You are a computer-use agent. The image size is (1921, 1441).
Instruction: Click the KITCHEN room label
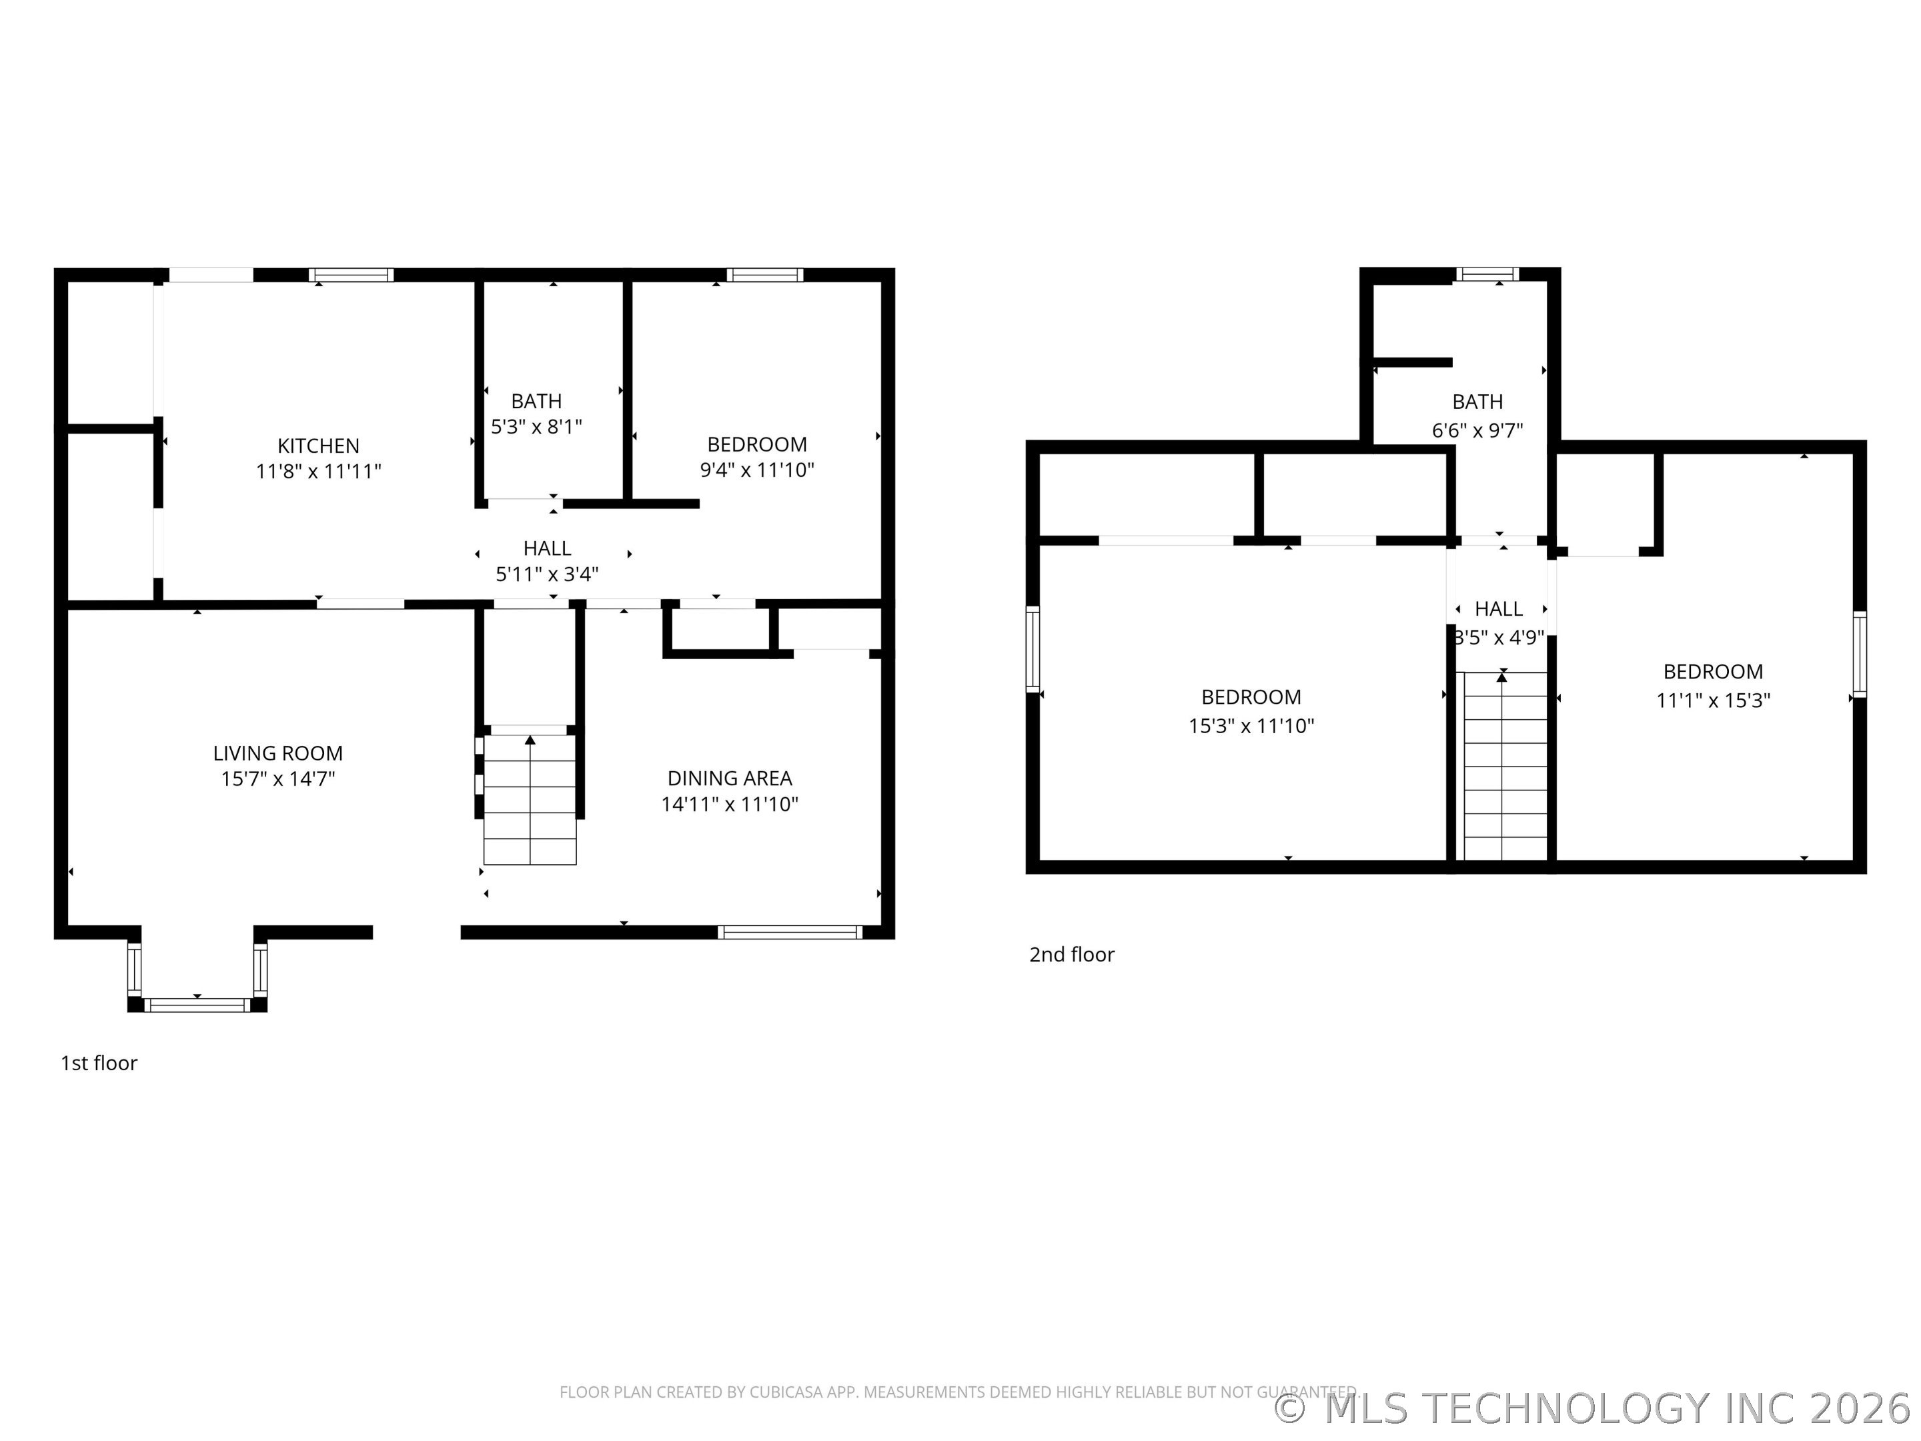[x=318, y=446]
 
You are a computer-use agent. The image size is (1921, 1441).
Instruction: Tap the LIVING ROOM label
[x=278, y=753]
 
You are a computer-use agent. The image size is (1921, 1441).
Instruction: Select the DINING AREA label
[x=730, y=779]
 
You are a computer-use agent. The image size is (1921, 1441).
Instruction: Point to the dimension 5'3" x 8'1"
[x=537, y=426]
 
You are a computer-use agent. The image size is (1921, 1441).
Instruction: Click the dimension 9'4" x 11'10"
[x=757, y=470]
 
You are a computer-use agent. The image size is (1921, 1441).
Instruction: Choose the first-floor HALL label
[x=547, y=548]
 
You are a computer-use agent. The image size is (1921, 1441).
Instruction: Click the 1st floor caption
[x=99, y=1063]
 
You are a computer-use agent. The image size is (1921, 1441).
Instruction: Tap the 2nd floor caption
[x=1072, y=955]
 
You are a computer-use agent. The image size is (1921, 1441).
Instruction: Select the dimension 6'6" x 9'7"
[x=1477, y=430]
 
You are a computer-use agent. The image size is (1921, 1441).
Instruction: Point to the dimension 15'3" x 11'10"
[x=1251, y=726]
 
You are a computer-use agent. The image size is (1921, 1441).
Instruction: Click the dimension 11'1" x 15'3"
[x=1713, y=700]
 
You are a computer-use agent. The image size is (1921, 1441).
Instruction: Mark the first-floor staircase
[x=530, y=800]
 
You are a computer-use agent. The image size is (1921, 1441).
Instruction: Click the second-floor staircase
[x=1506, y=765]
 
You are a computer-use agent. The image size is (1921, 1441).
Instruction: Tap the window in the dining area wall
[x=790, y=932]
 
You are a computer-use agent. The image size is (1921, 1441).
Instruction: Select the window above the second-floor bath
[x=1487, y=274]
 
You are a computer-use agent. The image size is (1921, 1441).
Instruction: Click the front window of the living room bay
[x=197, y=1005]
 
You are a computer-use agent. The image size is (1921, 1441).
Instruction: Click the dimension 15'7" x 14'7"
[x=278, y=779]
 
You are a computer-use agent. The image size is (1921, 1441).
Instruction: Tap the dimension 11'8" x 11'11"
[x=319, y=472]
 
